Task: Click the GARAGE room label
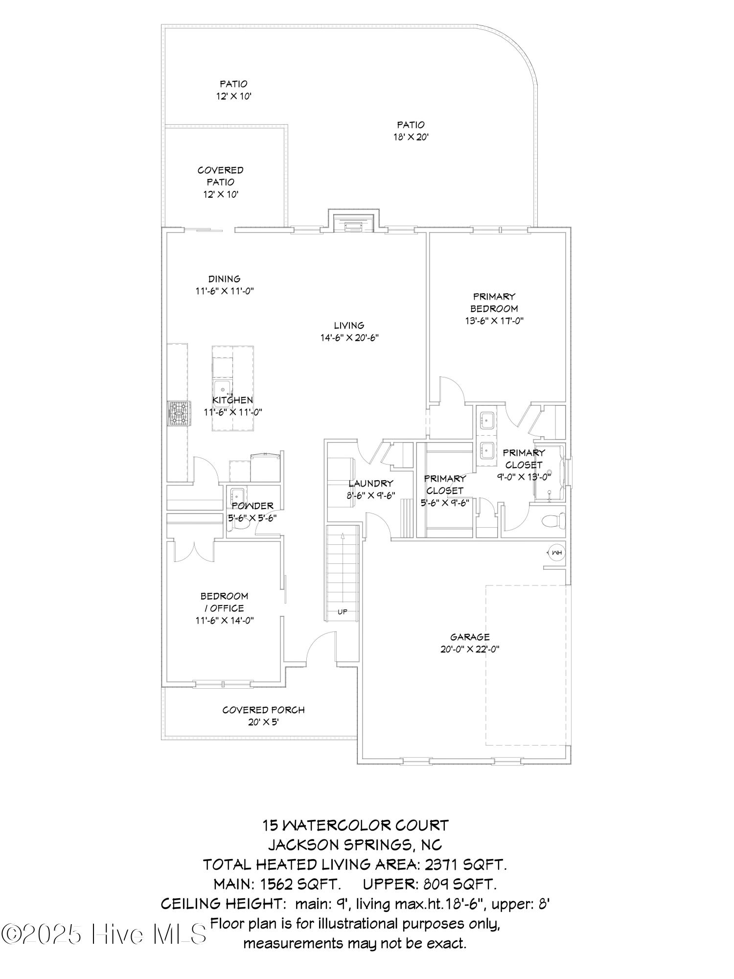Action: pyautogui.click(x=470, y=637)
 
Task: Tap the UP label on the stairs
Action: pyautogui.click(x=343, y=612)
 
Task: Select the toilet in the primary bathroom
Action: pyautogui.click(x=555, y=521)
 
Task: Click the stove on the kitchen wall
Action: pyautogui.click(x=178, y=414)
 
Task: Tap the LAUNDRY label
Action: pyautogui.click(x=371, y=484)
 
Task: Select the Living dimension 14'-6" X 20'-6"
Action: pyautogui.click(x=349, y=338)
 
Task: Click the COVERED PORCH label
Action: pyautogui.click(x=263, y=710)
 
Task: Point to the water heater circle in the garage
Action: pyautogui.click(x=556, y=553)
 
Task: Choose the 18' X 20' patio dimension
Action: pyautogui.click(x=411, y=137)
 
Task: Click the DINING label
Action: pyautogui.click(x=225, y=279)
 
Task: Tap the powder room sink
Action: pyautogui.click(x=238, y=495)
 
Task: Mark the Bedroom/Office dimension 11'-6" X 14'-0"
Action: pyautogui.click(x=225, y=621)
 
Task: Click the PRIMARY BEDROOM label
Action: pyautogui.click(x=494, y=303)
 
